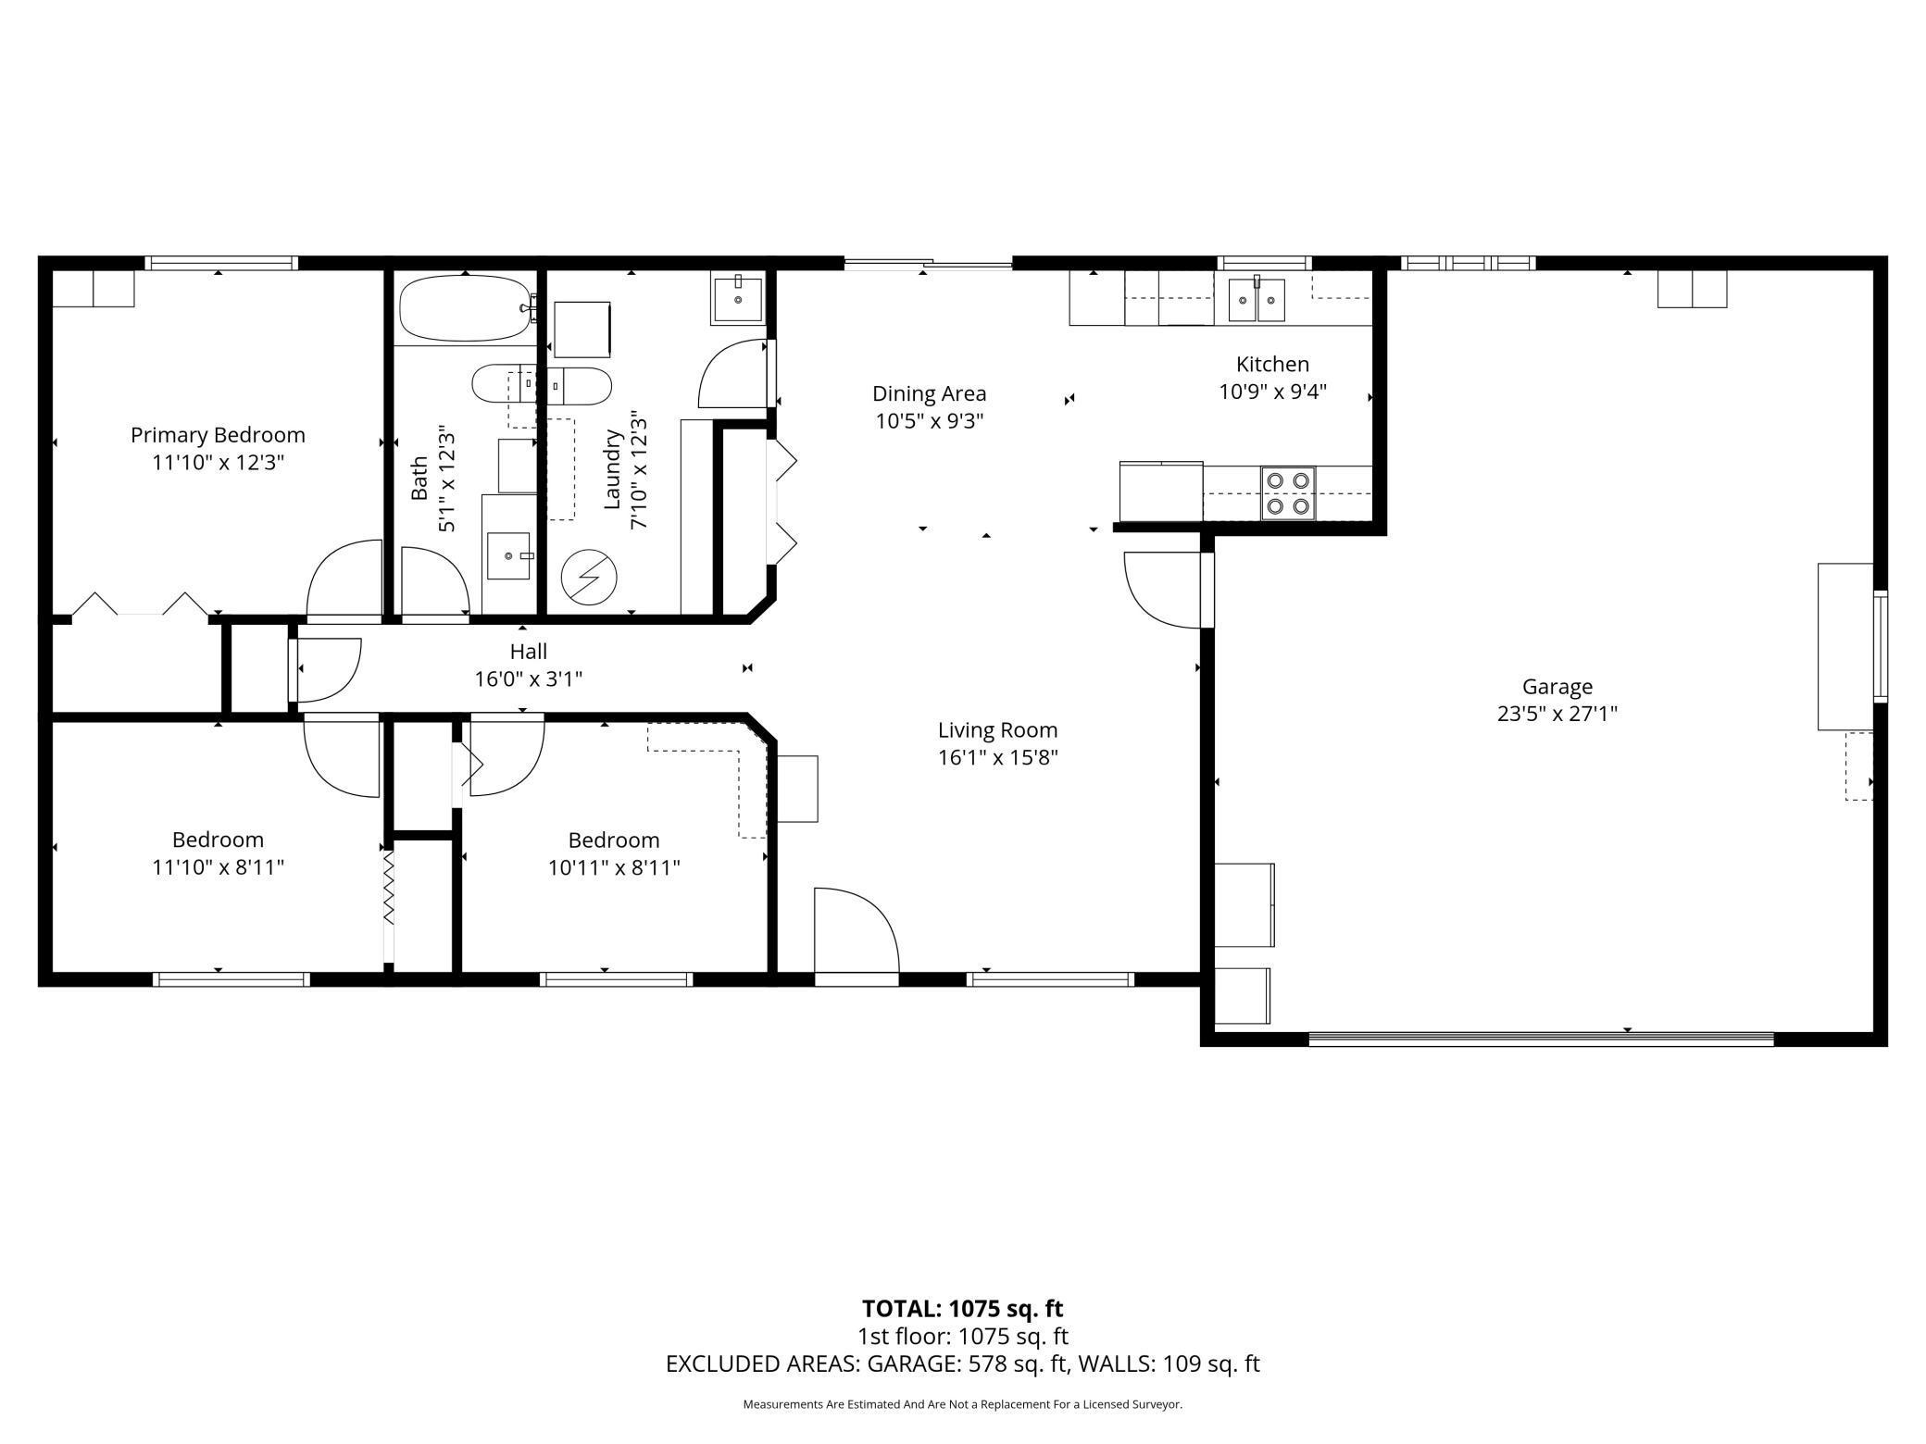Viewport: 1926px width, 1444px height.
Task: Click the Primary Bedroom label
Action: click(x=218, y=435)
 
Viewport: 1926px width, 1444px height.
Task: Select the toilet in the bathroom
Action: click(x=542, y=385)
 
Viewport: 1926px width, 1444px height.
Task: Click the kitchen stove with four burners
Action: click(x=1288, y=493)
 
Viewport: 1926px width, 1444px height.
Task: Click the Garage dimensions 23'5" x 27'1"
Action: click(x=1557, y=714)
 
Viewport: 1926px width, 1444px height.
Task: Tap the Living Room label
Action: click(x=997, y=730)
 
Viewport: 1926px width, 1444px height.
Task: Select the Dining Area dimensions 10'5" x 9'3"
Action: click(x=929, y=421)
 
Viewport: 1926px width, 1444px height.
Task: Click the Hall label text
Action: click(x=529, y=652)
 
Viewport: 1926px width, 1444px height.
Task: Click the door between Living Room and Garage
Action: click(x=1164, y=590)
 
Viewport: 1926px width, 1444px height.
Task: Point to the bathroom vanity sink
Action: click(x=508, y=555)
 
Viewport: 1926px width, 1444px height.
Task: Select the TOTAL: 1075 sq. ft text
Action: click(x=963, y=1309)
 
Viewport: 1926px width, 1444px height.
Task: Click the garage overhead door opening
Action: click(x=1541, y=1040)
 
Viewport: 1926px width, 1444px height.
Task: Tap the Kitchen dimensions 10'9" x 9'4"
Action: click(x=1273, y=392)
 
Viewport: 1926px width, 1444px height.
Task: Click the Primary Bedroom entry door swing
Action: click(x=344, y=578)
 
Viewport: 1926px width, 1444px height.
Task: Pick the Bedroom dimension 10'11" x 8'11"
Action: click(x=614, y=868)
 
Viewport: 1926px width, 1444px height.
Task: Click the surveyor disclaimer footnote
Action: click(x=963, y=1404)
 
